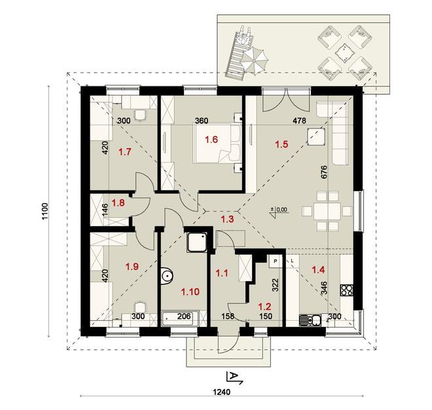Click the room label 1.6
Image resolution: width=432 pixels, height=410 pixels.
tap(211, 140)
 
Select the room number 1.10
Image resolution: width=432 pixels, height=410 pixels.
tap(190, 291)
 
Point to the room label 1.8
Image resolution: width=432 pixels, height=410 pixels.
tap(118, 203)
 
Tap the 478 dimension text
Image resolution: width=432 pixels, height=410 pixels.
tap(300, 121)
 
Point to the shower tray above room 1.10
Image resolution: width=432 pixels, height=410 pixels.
tap(196, 242)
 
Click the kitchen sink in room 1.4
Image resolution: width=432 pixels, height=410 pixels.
tap(308, 320)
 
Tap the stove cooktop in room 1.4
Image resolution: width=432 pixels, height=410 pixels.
tap(346, 290)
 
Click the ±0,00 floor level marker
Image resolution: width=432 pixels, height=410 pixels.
tap(279, 210)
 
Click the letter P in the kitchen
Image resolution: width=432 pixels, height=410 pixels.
tap(276, 261)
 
